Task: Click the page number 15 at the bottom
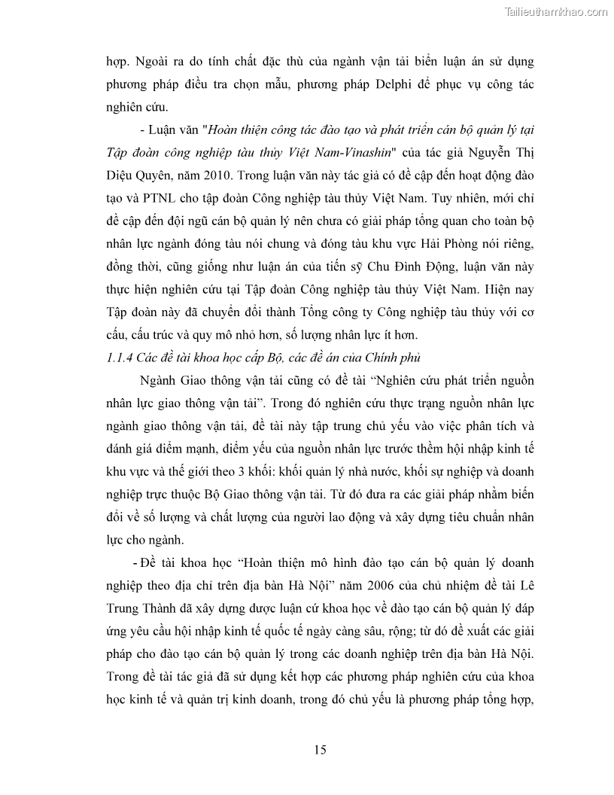[x=320, y=749]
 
